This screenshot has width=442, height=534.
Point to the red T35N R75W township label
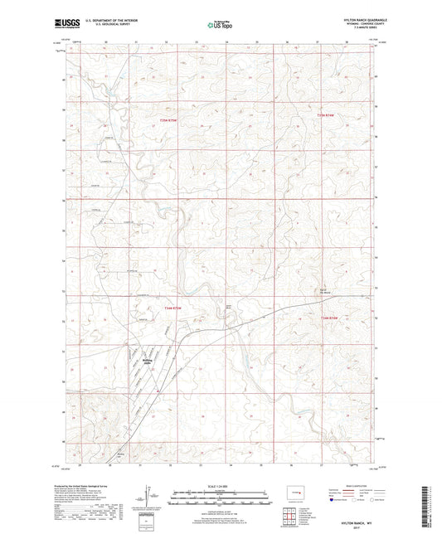tap(171, 122)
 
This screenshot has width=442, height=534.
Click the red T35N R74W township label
tap(328, 115)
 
